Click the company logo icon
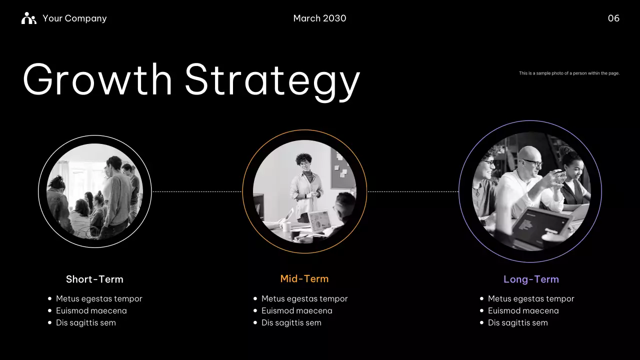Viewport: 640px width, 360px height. [x=29, y=18]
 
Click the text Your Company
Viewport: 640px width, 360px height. [x=74, y=18]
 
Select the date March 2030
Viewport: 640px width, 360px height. [x=319, y=18]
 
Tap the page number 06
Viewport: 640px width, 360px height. [x=613, y=18]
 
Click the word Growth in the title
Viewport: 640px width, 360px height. [x=98, y=80]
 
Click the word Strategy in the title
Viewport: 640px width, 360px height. [x=272, y=80]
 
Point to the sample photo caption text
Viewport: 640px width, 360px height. [x=569, y=73]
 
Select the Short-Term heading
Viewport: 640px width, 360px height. [x=94, y=279]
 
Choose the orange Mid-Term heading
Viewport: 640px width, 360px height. [x=304, y=279]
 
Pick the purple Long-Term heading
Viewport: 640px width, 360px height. [x=531, y=279]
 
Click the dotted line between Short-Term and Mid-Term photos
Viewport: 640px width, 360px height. [x=196, y=191]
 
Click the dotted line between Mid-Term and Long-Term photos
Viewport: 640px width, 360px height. [x=413, y=191]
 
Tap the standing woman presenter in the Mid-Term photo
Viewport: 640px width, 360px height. [x=305, y=185]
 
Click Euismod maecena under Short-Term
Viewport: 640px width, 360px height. [x=91, y=310]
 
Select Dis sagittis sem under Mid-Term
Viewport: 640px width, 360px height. [x=291, y=322]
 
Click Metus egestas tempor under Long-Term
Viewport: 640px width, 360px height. [x=531, y=298]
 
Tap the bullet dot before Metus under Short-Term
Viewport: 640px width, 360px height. [x=49, y=298]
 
